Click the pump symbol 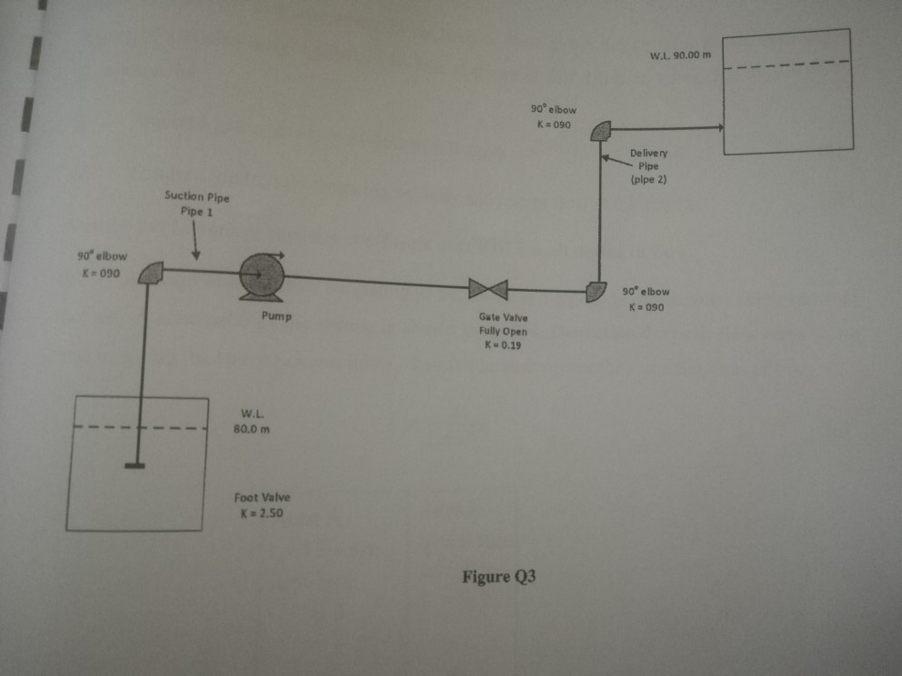click(261, 275)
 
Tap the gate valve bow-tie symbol click(488, 289)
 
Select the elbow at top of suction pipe click(152, 272)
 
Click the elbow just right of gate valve click(596, 291)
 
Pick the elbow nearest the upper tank click(601, 133)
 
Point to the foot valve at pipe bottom click(135, 466)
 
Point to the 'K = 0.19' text click(502, 345)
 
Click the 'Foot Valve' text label click(261, 498)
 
